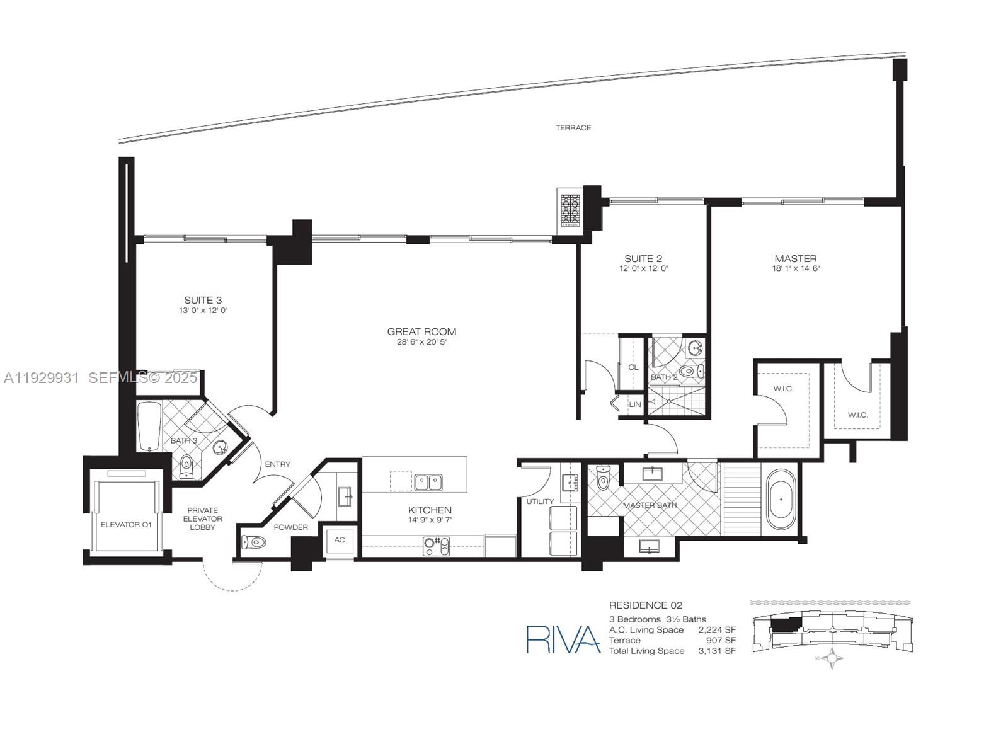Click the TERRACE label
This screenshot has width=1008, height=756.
pos(573,128)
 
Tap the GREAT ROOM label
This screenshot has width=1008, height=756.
pos(421,331)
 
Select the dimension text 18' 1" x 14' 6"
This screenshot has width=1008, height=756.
pos(796,268)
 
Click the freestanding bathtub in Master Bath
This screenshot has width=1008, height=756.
pos(781,499)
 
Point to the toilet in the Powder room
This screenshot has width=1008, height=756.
pos(255,542)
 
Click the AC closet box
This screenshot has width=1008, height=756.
pos(340,540)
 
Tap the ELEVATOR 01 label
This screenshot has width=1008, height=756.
pos(126,524)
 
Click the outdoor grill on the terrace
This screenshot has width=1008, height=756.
pos(570,209)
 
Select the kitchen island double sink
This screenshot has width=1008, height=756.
pos(428,483)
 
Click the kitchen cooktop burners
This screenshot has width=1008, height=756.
pos(437,546)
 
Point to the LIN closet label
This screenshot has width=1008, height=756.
pos(635,404)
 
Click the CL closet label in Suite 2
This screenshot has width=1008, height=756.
pos(633,367)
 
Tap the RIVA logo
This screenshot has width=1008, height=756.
pos(563,639)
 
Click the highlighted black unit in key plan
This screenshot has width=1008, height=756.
pos(785,624)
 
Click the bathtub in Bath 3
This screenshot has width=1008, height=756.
pos(149,427)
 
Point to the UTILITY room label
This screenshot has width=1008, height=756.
pos(540,501)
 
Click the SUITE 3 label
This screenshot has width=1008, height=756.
pos(203,301)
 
